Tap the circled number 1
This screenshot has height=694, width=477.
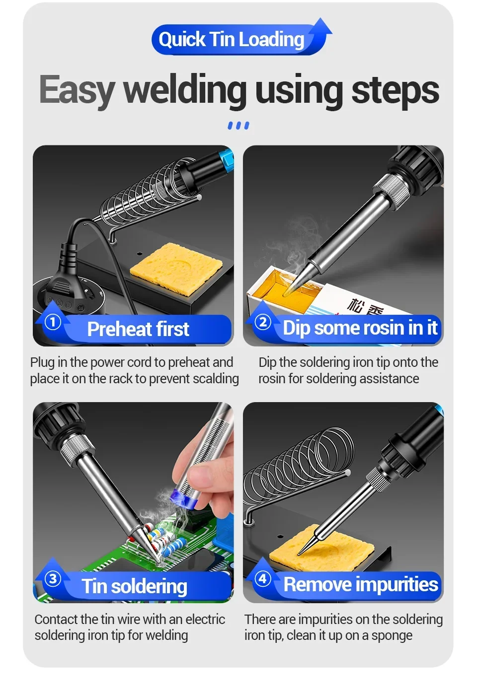(53, 322)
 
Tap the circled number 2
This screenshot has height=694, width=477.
(263, 322)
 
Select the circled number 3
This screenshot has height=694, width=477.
(53, 579)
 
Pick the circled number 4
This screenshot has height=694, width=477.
(263, 579)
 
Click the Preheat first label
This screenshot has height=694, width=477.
(138, 329)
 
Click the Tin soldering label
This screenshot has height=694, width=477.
(134, 586)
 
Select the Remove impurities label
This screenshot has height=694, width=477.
(361, 584)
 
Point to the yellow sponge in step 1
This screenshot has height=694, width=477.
(176, 268)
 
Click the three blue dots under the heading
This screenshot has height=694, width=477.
(238, 126)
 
